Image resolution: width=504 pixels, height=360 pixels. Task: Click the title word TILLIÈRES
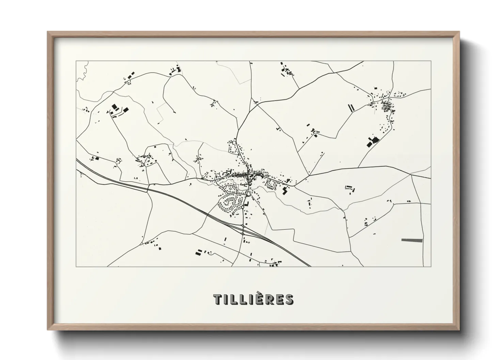tap(253, 299)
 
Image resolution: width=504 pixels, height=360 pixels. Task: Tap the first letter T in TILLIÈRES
tap(217, 299)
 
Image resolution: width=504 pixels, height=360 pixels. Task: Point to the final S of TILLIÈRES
tap(289, 299)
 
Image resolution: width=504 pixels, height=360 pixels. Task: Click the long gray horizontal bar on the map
tap(412, 240)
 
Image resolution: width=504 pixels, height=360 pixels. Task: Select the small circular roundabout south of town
tap(242, 207)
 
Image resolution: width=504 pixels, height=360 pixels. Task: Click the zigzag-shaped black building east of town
tap(285, 191)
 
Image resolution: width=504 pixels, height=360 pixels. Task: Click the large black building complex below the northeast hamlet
tap(373, 141)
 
